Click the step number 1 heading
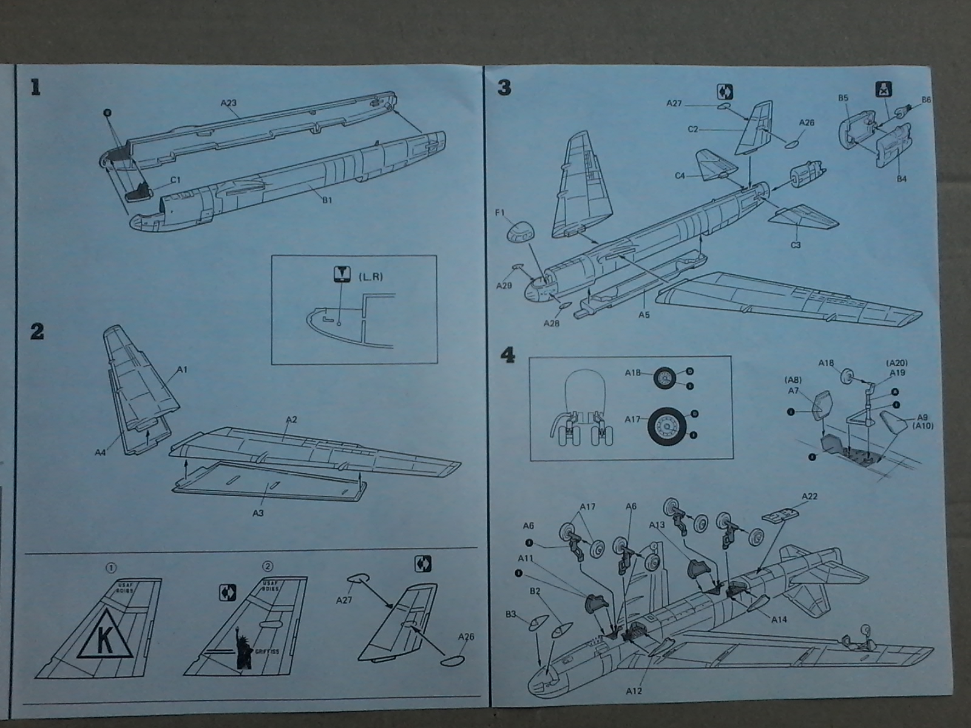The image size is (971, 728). pos(35,89)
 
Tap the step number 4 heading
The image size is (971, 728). pos(505,356)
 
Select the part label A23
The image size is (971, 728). pos(228,103)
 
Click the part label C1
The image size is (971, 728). pos(175,180)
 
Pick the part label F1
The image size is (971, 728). pos(499,214)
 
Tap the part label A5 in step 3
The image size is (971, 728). pos(644,315)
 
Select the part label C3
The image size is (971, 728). pos(795,244)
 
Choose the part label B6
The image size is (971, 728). pos(926,99)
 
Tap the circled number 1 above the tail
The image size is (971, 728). pos(110,568)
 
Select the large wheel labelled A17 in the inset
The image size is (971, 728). pos(666,427)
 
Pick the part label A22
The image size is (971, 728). pos(809,496)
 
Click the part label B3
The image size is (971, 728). pos(511,615)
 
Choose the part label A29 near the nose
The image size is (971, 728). pos(504,285)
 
